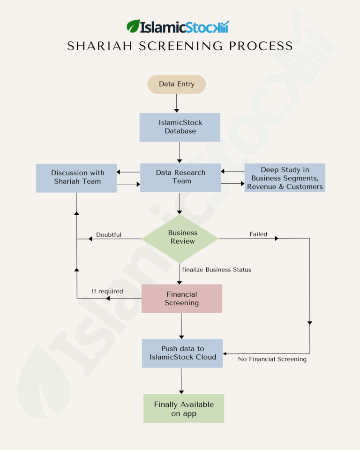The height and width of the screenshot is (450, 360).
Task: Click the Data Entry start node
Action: [x=176, y=84]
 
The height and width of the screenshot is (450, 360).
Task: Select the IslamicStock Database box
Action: [x=180, y=127]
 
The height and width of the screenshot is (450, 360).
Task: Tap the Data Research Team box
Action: [x=180, y=177]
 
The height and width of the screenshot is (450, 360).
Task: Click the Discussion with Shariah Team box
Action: [x=76, y=177]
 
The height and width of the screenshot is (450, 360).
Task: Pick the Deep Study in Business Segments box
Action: [x=285, y=178]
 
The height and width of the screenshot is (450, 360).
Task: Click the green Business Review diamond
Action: [x=180, y=238]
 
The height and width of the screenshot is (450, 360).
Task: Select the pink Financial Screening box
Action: [x=181, y=299]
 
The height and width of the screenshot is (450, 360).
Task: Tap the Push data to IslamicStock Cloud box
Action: [x=182, y=353]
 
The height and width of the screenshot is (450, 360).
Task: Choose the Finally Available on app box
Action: [x=184, y=408]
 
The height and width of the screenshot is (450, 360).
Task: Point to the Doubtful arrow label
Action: [x=109, y=234]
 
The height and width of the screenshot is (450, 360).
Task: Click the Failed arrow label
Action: [x=258, y=234]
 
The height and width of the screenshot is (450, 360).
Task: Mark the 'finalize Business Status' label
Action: [x=217, y=270]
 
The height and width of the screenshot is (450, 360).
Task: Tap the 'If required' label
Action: [x=107, y=291]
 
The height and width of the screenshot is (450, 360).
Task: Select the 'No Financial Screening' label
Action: [x=272, y=359]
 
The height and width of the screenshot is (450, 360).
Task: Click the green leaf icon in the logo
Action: [x=133, y=26]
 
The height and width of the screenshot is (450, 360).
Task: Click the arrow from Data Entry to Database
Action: [x=177, y=103]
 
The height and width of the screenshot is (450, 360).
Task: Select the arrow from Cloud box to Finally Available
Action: [x=181, y=380]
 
